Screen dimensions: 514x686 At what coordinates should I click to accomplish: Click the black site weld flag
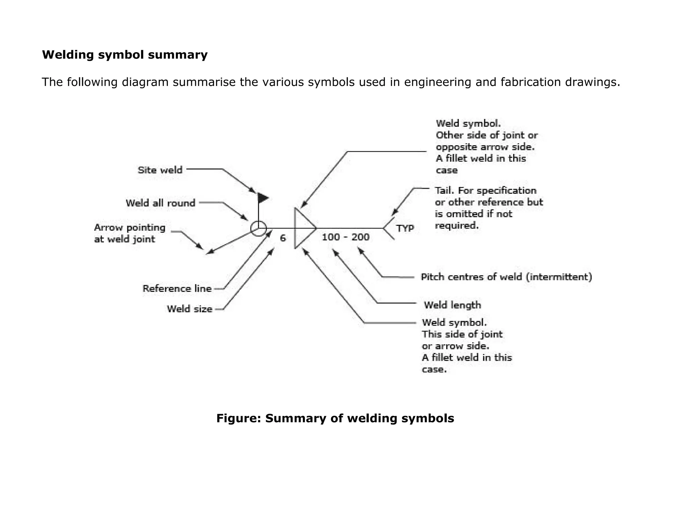pyautogui.click(x=263, y=198)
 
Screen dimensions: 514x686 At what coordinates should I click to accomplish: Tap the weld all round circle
pyautogui.click(x=258, y=229)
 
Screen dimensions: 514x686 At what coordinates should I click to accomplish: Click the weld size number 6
pyautogui.click(x=283, y=238)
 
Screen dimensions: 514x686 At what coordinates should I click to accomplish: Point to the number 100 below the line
pyautogui.click(x=331, y=237)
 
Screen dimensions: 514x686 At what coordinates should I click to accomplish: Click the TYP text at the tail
pyautogui.click(x=405, y=229)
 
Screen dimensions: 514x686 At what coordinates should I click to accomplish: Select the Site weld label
pyautogui.click(x=160, y=170)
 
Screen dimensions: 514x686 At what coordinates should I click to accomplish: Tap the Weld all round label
pyautogui.click(x=160, y=203)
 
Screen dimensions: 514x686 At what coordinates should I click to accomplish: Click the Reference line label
pyautogui.click(x=177, y=289)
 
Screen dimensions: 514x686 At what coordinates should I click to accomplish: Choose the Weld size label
pyautogui.click(x=190, y=309)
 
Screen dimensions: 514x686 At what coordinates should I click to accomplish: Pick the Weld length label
pyautogui.click(x=452, y=305)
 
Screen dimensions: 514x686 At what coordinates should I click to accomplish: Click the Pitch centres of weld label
pyautogui.click(x=506, y=277)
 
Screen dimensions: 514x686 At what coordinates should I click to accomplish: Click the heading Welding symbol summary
pyautogui.click(x=125, y=55)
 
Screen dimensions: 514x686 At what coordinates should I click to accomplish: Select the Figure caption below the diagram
pyautogui.click(x=335, y=418)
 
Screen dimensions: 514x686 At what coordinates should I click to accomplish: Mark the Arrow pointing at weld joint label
pyautogui.click(x=130, y=233)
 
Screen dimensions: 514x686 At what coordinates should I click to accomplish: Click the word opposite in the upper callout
pyautogui.click(x=456, y=147)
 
